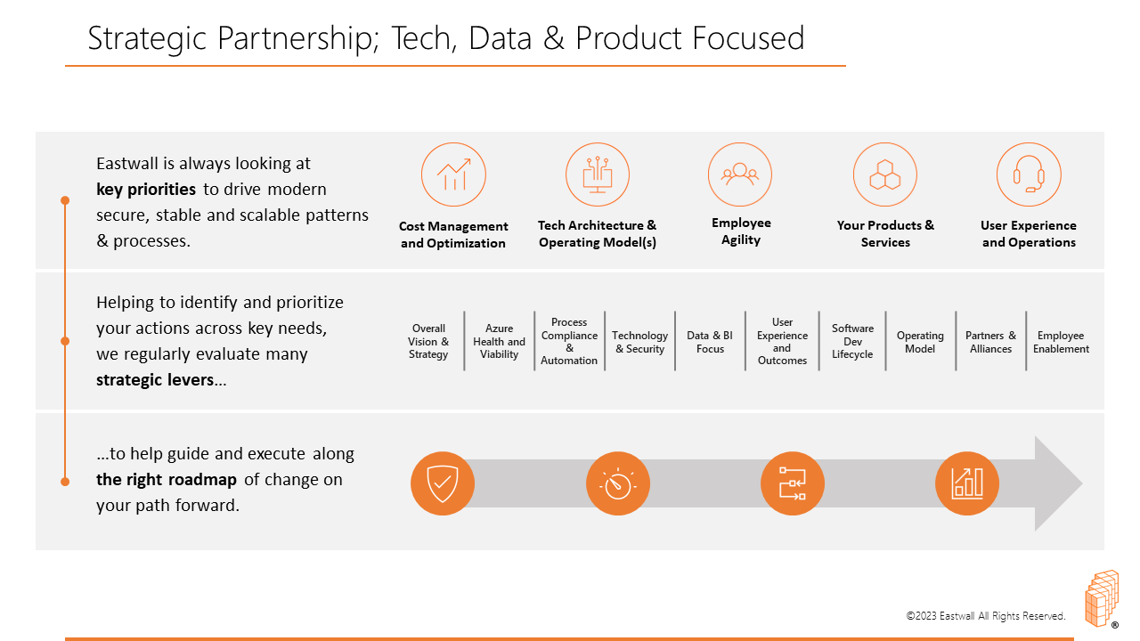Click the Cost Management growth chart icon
click(453, 174)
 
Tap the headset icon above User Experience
click(1029, 174)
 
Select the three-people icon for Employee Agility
click(740, 174)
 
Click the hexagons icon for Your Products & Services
click(885, 174)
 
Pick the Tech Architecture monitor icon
click(598, 174)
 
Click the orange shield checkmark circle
click(443, 483)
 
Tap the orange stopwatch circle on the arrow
click(618, 483)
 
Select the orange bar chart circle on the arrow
click(967, 483)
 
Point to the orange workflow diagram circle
click(793, 483)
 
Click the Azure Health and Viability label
click(499, 341)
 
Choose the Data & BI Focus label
click(710, 342)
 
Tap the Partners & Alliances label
click(990, 342)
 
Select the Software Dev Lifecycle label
click(852, 341)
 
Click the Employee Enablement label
click(1061, 342)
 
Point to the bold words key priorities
click(146, 190)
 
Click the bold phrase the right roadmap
click(167, 480)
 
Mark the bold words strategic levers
click(155, 380)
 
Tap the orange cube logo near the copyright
click(1103, 599)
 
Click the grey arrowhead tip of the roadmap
click(1082, 483)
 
